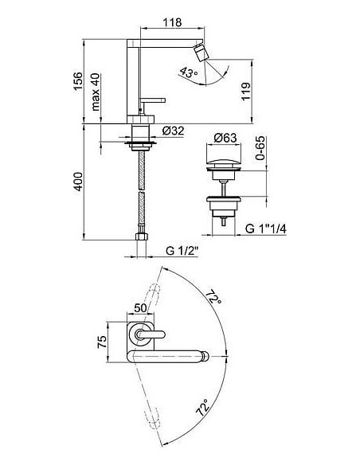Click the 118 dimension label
(x=172, y=22)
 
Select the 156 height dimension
(x=78, y=81)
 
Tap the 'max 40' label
(x=96, y=92)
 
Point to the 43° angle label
(x=188, y=72)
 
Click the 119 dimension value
(x=246, y=92)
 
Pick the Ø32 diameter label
(x=173, y=131)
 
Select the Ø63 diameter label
(x=225, y=138)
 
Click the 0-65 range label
(x=260, y=148)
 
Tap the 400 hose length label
(x=78, y=182)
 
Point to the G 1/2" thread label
(x=182, y=251)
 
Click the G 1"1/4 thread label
(x=266, y=229)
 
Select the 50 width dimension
(x=140, y=308)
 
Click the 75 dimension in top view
(x=102, y=342)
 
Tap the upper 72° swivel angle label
(x=214, y=296)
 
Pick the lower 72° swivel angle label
(x=203, y=408)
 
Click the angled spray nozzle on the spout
(x=201, y=53)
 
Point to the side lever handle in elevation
(x=152, y=100)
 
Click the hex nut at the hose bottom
(x=142, y=236)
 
